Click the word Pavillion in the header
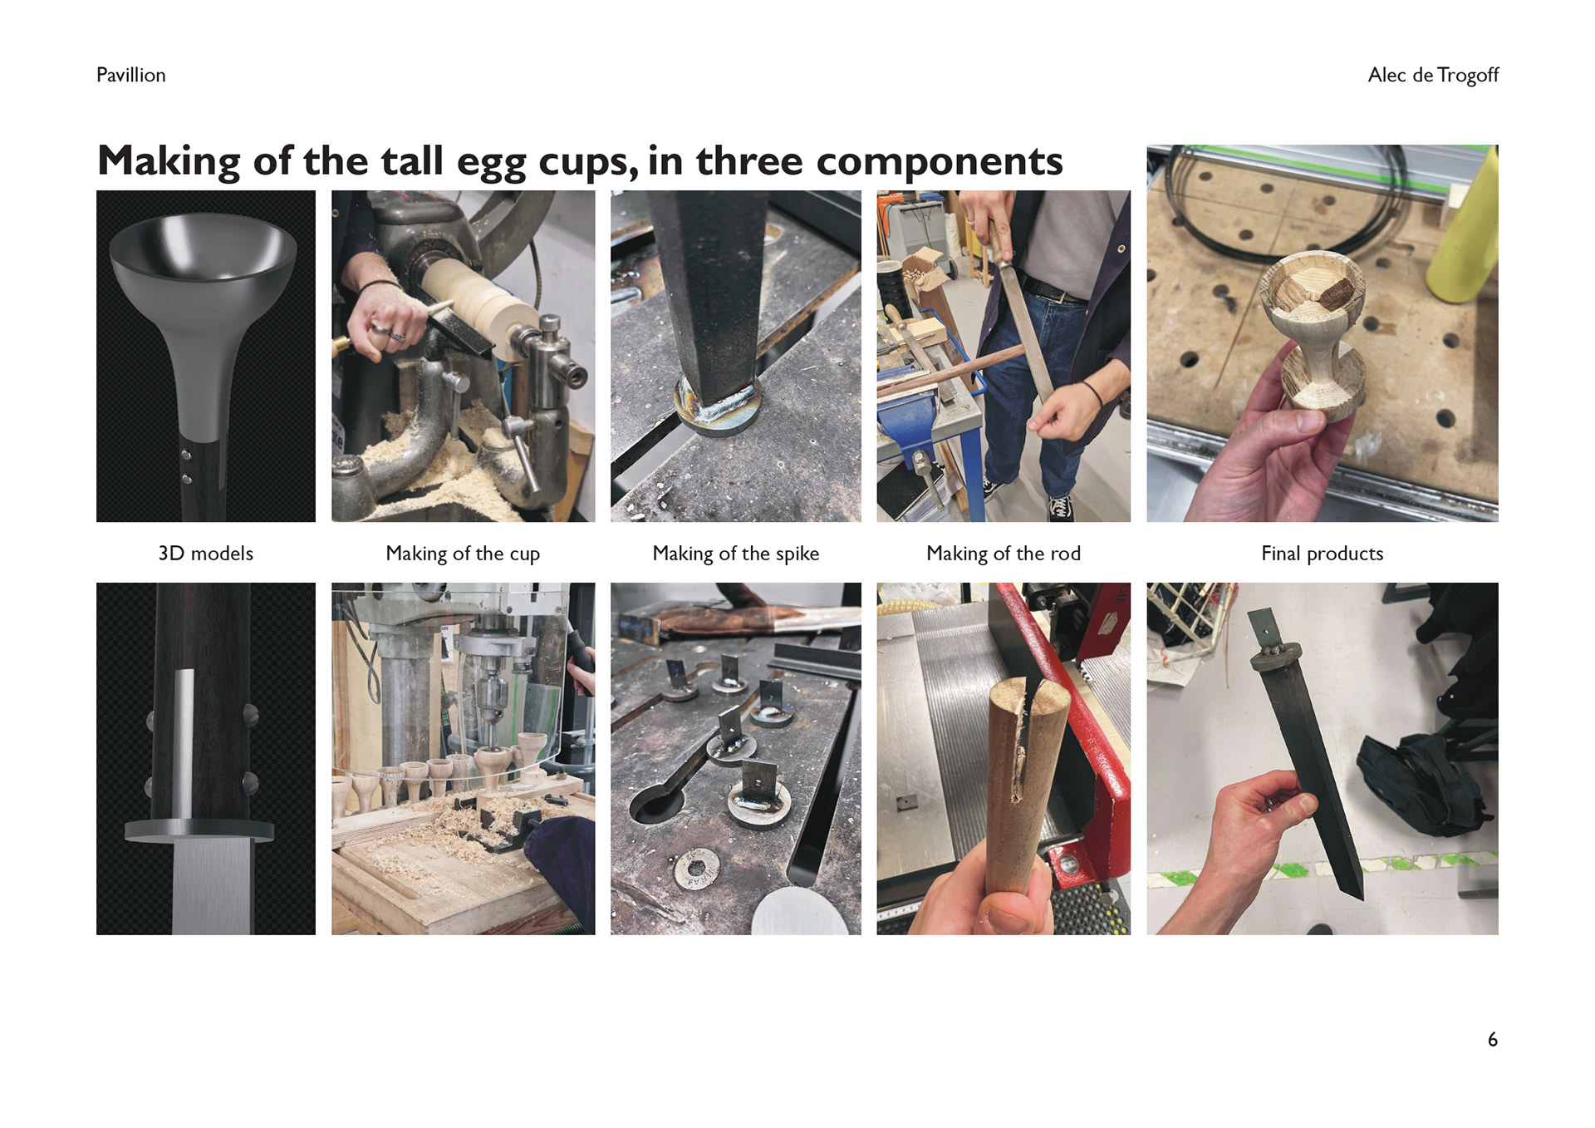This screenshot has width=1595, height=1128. [130, 75]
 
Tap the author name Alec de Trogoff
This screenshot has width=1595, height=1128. [1433, 75]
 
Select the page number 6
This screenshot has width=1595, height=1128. [1493, 1040]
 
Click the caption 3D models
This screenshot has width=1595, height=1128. [205, 554]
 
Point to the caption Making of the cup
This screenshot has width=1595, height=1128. [463, 554]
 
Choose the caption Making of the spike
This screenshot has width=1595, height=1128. [736, 554]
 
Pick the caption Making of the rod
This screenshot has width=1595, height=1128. [1004, 554]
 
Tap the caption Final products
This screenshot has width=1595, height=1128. [1323, 554]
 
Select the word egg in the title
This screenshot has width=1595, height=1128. [492, 164]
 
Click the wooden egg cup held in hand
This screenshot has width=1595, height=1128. [1315, 332]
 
